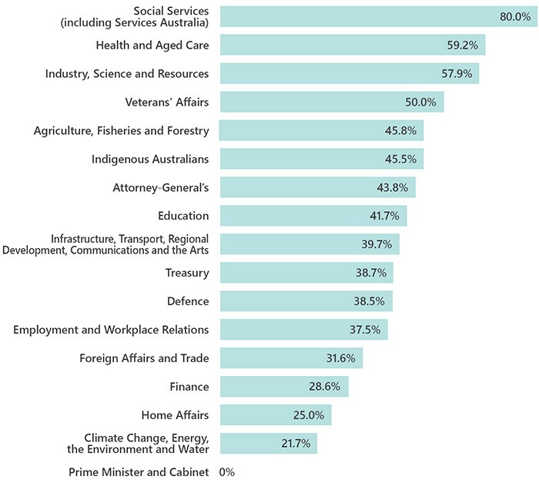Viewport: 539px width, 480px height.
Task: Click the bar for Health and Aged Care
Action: [x=352, y=45]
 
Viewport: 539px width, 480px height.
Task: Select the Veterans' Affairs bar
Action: [x=331, y=102]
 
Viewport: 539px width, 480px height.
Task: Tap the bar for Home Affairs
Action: [x=275, y=415]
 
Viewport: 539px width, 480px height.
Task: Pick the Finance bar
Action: [x=283, y=387]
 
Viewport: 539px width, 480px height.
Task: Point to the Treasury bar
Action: [x=306, y=273]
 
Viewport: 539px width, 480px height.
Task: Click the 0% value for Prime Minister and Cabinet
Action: [x=227, y=472]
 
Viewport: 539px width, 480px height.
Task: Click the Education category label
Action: [x=182, y=216]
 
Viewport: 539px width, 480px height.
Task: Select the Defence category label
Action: [x=187, y=301]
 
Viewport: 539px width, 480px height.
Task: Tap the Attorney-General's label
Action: [x=161, y=187]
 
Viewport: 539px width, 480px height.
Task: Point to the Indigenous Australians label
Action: [x=150, y=159]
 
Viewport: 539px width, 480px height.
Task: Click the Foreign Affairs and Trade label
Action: [x=144, y=358]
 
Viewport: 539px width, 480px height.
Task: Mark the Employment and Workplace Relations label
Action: [x=111, y=330]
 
